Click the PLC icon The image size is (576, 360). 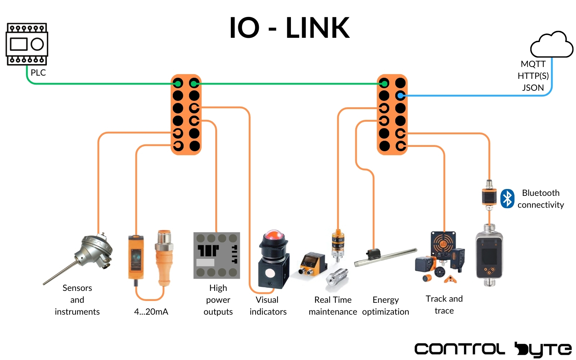[27, 44]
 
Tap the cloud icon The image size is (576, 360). [551, 45]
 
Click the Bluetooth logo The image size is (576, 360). [507, 198]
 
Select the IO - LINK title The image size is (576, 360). [289, 28]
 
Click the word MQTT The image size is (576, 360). [533, 64]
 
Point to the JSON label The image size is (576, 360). [533, 88]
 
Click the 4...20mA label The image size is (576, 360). [151, 312]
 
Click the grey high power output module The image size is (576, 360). [217, 255]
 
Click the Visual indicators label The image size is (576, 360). [268, 306]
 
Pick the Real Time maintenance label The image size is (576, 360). [333, 306]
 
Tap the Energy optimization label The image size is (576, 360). [386, 306]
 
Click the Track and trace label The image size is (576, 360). [444, 305]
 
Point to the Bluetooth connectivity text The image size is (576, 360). [540, 199]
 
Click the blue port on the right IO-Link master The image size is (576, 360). [400, 96]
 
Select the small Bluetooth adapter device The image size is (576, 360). [489, 195]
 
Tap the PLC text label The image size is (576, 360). [38, 73]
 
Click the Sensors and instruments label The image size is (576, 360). [77, 300]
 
